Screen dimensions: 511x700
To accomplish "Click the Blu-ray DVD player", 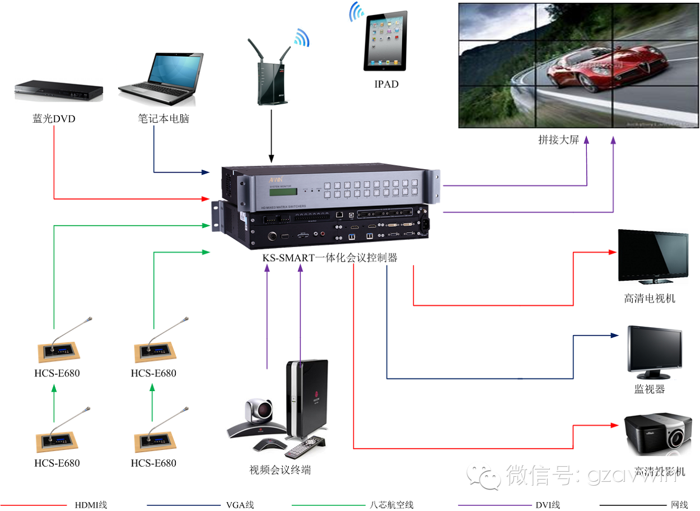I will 59,91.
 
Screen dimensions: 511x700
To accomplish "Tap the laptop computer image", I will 161,79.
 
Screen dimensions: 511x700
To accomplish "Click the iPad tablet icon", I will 385,43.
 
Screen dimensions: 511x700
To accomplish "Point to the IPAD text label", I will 386,85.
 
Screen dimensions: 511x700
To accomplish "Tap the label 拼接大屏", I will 558,140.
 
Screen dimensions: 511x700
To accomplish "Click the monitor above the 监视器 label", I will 654,349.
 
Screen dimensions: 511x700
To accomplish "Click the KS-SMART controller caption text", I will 330,258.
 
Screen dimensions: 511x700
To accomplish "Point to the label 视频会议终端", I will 279,470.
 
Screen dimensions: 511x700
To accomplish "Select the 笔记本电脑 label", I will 163,119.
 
